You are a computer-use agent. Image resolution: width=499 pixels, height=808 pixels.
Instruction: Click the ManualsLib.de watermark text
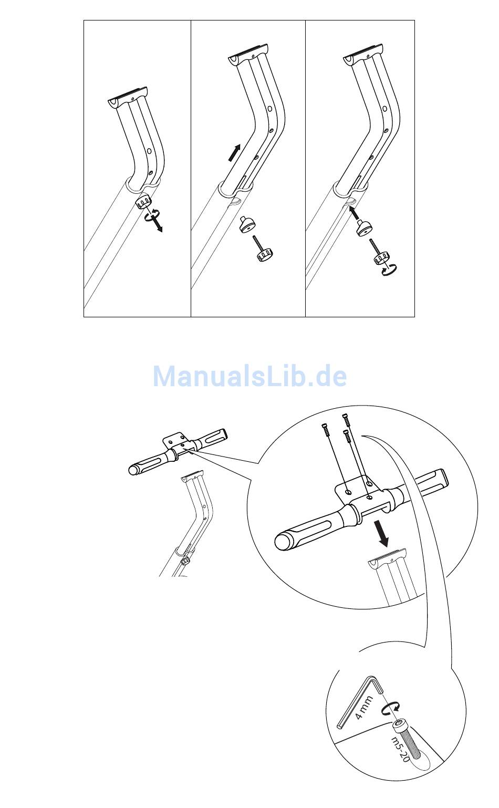coord(250,376)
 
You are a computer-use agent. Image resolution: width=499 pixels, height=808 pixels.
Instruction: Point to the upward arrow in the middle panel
coord(234,152)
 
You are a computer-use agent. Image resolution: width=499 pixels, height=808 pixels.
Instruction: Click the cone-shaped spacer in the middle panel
coord(246,224)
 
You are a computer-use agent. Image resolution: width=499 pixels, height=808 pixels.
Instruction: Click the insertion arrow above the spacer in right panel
coord(355,213)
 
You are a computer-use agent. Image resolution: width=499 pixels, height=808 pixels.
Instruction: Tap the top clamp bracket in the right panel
coord(363,55)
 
